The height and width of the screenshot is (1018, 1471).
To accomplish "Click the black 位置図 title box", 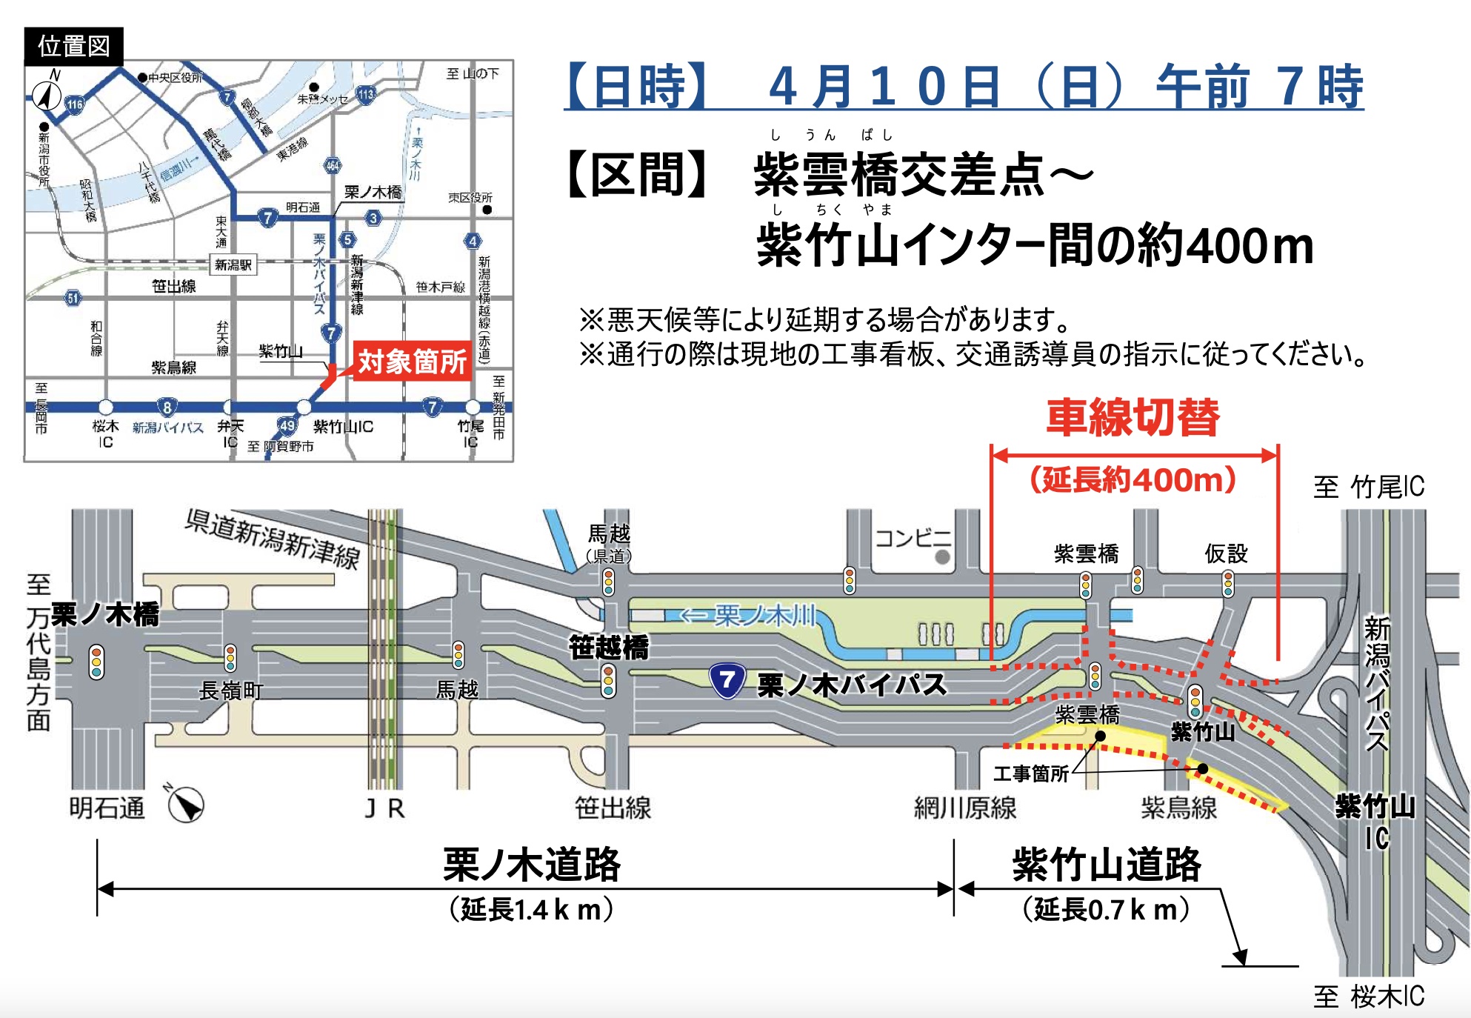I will tap(73, 46).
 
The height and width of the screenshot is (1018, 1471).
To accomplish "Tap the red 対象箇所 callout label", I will tap(412, 362).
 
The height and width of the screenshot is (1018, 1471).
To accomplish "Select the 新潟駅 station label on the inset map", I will tap(233, 265).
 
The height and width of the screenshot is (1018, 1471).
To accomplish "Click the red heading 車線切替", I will tap(1133, 417).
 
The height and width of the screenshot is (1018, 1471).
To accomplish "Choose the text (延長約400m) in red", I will tap(1133, 480).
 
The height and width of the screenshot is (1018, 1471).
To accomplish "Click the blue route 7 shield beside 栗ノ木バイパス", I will tap(727, 680).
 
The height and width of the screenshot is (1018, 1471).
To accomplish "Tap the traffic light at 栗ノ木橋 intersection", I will tap(96, 662).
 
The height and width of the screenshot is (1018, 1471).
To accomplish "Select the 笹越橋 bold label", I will tap(608, 648).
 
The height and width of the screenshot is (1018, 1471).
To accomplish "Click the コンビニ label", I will tap(913, 538).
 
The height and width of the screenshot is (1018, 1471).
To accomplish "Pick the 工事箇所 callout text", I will tap(1030, 774).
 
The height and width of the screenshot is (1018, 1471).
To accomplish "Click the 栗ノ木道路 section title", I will tap(531, 865).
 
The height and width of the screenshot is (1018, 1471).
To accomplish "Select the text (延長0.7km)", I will tap(1106, 910).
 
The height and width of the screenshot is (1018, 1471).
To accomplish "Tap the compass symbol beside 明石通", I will tap(185, 805).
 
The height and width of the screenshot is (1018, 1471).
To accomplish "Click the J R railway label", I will tap(385, 808).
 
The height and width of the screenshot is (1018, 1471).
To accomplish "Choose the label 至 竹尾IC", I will tap(1368, 487).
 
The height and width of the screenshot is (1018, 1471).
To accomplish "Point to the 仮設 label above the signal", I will tap(1226, 553).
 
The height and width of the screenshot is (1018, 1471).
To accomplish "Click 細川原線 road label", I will tap(965, 808).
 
